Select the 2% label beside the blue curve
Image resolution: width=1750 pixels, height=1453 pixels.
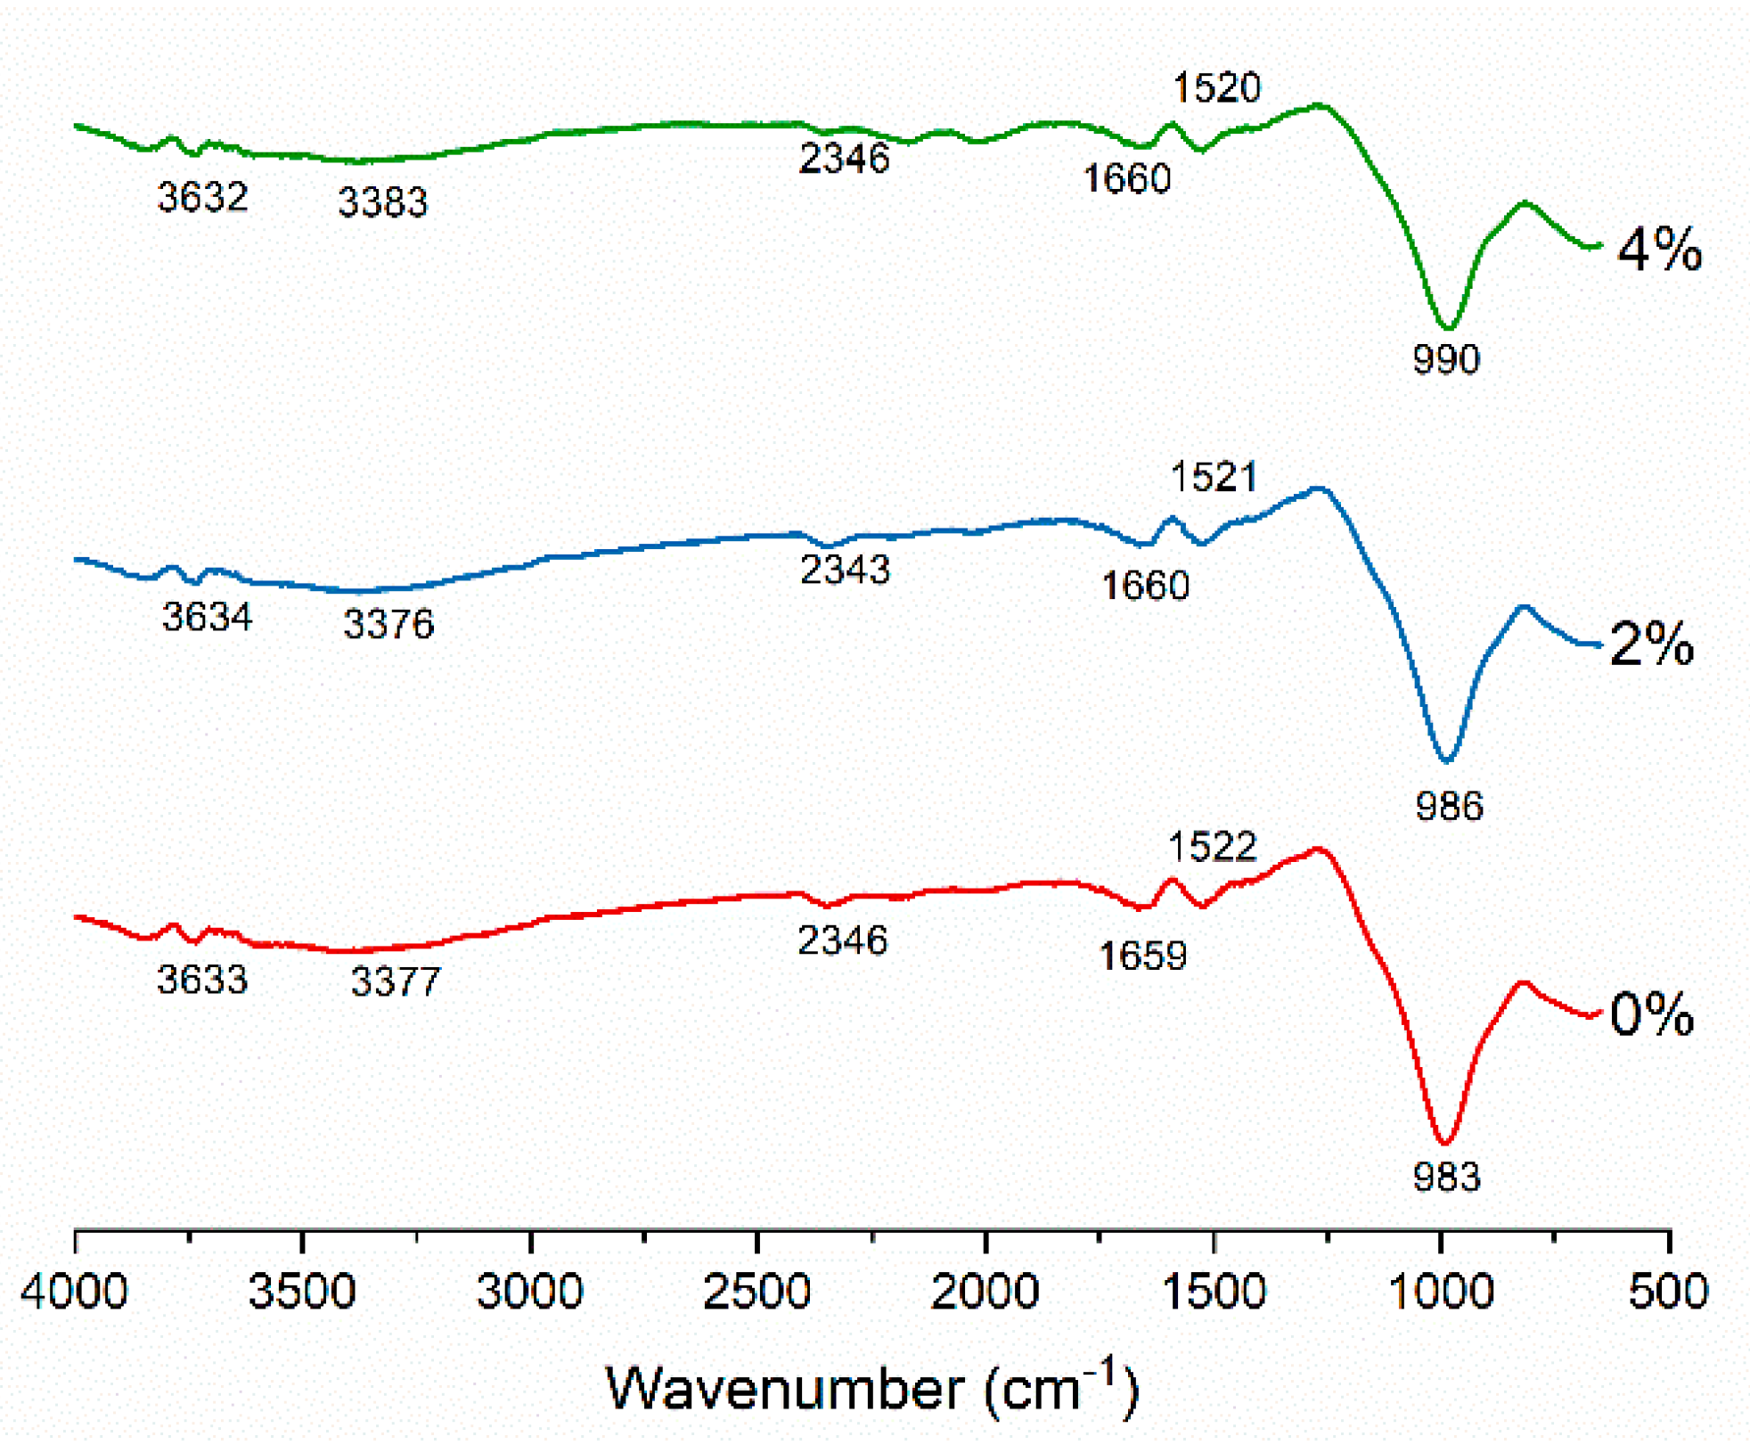tap(1650, 644)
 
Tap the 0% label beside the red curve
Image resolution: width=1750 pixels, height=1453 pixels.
tap(1650, 1014)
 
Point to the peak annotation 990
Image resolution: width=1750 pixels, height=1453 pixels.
tap(1445, 359)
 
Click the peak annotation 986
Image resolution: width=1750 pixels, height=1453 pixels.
tap(1449, 806)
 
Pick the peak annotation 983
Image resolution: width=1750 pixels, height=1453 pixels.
tap(1446, 1177)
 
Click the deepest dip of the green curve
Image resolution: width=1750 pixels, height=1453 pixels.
tap(1448, 326)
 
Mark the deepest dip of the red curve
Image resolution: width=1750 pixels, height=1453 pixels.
tap(1444, 1142)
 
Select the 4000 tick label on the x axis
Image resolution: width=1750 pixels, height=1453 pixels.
tap(75, 1291)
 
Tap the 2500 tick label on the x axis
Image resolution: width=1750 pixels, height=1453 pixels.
tap(756, 1291)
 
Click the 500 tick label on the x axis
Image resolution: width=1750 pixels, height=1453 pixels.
tap(1667, 1291)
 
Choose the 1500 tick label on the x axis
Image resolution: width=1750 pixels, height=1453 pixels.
tap(1213, 1291)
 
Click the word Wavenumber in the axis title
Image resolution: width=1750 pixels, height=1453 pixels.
tap(784, 1388)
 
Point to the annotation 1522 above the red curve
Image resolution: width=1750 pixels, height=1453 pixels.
tap(1212, 846)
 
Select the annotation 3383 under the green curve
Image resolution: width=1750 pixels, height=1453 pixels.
tap(382, 202)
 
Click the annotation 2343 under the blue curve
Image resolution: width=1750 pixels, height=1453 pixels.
tap(845, 569)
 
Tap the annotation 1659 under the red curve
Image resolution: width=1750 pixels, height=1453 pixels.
tap(1142, 956)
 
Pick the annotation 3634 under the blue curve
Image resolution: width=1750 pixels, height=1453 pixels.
tap(207, 616)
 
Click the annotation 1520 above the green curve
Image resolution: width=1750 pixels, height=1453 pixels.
tap(1216, 87)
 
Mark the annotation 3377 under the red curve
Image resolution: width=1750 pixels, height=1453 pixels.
tap(396, 981)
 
